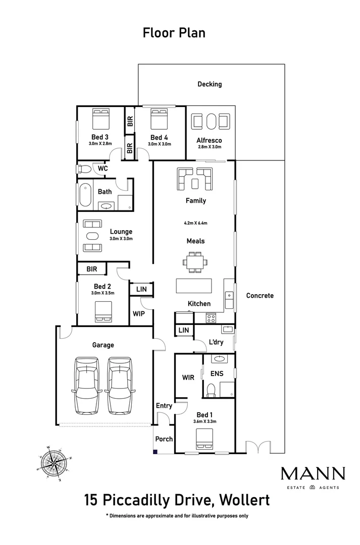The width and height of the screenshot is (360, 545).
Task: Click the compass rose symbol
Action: click(x=54, y=463)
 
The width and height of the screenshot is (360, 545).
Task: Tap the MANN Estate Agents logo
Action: click(x=313, y=478)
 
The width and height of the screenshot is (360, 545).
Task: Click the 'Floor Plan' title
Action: click(x=174, y=33)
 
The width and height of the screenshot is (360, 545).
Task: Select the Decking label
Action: click(x=210, y=84)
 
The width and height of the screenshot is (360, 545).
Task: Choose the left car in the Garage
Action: click(x=87, y=386)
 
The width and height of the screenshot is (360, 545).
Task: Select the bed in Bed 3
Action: click(x=101, y=119)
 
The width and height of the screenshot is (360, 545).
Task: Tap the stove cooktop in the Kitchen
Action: click(x=211, y=318)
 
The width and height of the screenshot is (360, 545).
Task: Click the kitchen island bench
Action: click(x=194, y=286)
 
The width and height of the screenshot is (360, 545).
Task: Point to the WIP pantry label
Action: click(x=139, y=313)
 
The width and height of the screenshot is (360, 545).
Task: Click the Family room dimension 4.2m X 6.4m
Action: click(x=195, y=223)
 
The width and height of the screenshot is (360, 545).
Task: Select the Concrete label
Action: click(x=260, y=295)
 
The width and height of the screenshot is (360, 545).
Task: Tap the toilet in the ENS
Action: click(x=211, y=390)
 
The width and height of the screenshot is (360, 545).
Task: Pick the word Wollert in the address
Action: click(x=244, y=500)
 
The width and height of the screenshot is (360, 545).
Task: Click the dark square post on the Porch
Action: click(x=156, y=452)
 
